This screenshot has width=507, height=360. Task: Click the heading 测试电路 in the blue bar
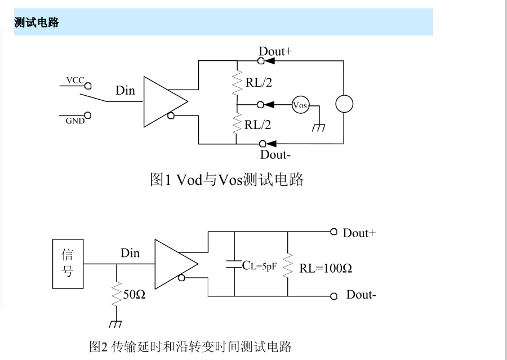tap(37, 23)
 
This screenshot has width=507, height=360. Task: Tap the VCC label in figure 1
tap(75, 80)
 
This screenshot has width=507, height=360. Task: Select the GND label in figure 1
tap(75, 121)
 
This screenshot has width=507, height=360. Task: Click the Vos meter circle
tap(300, 105)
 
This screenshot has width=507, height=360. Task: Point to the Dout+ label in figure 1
tap(275, 52)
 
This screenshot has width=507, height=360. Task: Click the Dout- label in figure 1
tap(274, 154)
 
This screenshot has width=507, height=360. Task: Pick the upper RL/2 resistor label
tap(259, 82)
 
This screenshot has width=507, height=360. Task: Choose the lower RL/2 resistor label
tap(258, 125)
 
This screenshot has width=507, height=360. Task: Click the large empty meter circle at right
tap(344, 104)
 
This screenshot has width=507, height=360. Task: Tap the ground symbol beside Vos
tap(319, 127)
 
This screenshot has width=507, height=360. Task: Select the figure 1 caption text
tap(226, 180)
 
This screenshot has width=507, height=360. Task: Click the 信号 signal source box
tap(68, 264)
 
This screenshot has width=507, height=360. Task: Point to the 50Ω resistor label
tap(134, 294)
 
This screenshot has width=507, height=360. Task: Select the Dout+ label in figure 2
tap(359, 233)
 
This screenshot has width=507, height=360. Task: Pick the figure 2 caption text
tap(190, 346)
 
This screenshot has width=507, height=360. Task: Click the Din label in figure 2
tap(130, 253)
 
